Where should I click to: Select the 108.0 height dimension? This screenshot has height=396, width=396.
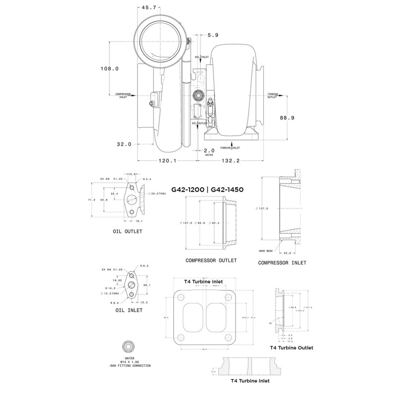(109, 69)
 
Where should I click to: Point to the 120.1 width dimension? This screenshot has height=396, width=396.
(168, 160)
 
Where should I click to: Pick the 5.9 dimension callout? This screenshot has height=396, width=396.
(213, 35)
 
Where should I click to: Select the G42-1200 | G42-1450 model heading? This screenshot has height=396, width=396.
(209, 189)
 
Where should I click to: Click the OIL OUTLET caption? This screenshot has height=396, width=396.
(127, 231)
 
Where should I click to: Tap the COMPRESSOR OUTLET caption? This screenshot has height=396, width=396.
(211, 260)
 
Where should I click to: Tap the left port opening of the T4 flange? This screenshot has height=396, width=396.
(194, 317)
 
